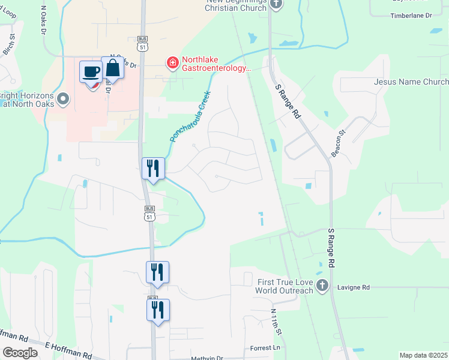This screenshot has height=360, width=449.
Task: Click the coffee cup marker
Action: (91, 72)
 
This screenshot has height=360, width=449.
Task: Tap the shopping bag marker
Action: (112, 68)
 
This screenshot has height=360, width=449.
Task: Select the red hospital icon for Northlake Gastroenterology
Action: (172, 62)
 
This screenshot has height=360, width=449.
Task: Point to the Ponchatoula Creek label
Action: (190, 116)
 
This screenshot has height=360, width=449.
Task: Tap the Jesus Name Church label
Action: (411, 82)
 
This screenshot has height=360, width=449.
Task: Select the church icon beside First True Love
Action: (322, 286)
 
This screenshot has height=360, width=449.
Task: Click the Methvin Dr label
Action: (206, 358)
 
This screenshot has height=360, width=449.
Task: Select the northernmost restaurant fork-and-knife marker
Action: (152, 168)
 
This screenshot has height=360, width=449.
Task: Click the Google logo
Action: (20, 353)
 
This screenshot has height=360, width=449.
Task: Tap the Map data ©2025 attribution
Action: (423, 355)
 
